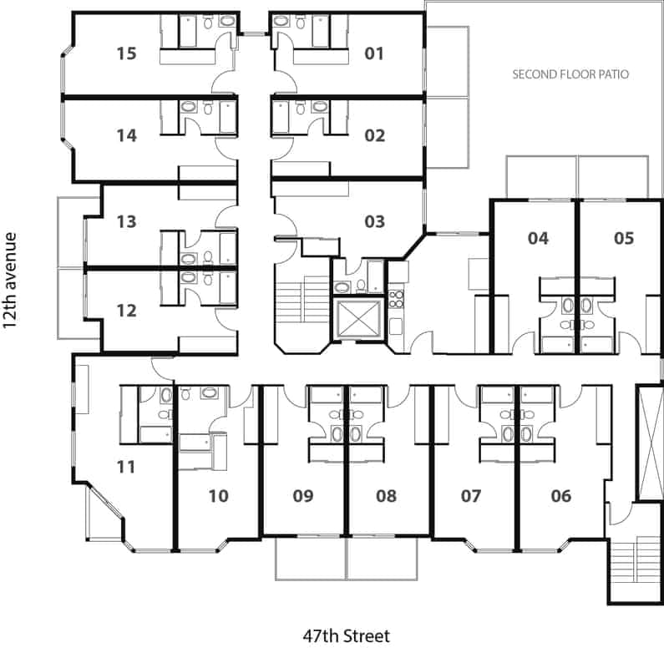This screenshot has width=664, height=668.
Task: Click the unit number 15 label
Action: click(x=127, y=53)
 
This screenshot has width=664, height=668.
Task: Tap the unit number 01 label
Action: click(x=374, y=53)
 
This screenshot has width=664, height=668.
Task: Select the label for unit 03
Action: click(x=375, y=221)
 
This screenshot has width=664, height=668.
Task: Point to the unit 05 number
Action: click(x=624, y=238)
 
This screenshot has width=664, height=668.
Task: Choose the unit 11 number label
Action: click(x=126, y=467)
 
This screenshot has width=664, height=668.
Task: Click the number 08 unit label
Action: click(x=386, y=496)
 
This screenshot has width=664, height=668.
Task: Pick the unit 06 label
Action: click(x=561, y=496)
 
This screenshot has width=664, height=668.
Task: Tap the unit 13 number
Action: click(x=127, y=221)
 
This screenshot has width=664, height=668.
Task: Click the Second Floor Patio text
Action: click(x=570, y=74)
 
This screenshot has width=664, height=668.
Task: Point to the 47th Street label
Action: click(x=346, y=636)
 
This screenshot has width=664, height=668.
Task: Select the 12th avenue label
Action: click(x=9, y=281)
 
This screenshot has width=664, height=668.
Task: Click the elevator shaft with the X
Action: click(x=357, y=319)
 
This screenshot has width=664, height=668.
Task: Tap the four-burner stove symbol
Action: click(x=397, y=299)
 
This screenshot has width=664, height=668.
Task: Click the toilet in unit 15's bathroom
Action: click(x=208, y=22)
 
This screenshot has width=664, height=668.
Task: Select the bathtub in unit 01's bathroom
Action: click(x=321, y=31)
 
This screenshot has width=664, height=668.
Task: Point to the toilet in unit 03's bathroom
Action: click(x=361, y=286)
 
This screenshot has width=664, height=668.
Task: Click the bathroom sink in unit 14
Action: click(x=189, y=107)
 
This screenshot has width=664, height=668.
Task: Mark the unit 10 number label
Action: click(x=218, y=496)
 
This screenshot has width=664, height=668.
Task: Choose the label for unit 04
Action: click(x=538, y=238)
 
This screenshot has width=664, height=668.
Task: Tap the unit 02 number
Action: click(x=375, y=136)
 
